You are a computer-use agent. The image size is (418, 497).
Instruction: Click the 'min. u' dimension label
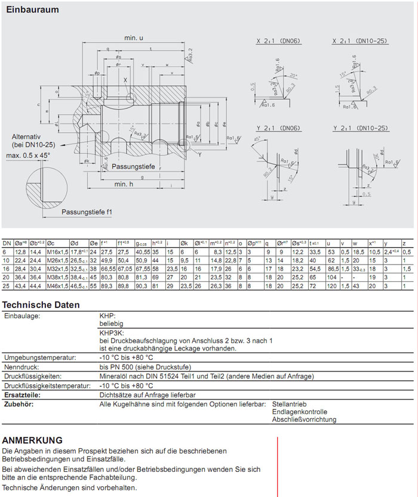tap(134, 38)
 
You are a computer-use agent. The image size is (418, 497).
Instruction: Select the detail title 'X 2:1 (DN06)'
tap(278, 41)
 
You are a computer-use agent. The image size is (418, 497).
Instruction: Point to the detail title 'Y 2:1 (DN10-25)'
tap(360, 128)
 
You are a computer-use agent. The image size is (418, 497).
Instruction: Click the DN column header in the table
tap(7, 243)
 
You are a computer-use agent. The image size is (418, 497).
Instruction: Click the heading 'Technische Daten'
tap(41, 305)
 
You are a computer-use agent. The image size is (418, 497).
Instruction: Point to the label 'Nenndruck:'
tap(22, 367)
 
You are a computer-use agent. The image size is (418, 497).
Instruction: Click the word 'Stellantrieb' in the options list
tap(290, 404)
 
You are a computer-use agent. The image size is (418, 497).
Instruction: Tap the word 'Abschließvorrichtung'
tap(304, 420)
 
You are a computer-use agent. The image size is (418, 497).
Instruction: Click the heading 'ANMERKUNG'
tap(32, 440)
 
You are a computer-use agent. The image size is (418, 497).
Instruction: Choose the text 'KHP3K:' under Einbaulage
tap(111, 332)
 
